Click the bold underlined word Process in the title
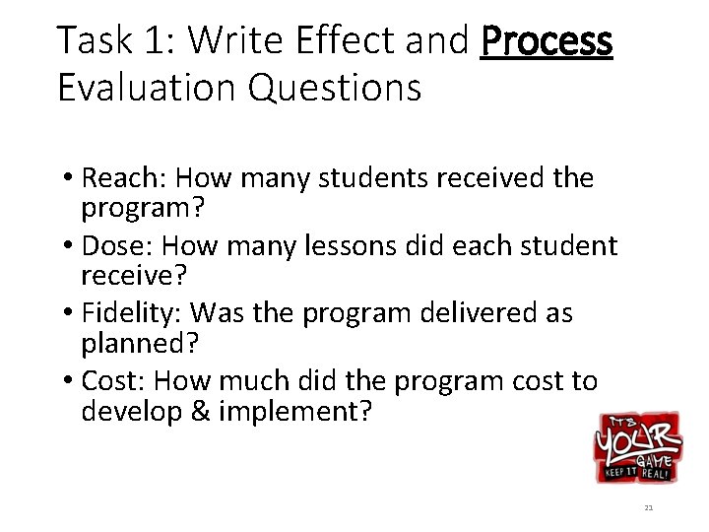(x=547, y=41)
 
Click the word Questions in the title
(x=335, y=88)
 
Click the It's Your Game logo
(x=636, y=446)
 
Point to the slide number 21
(x=648, y=508)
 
